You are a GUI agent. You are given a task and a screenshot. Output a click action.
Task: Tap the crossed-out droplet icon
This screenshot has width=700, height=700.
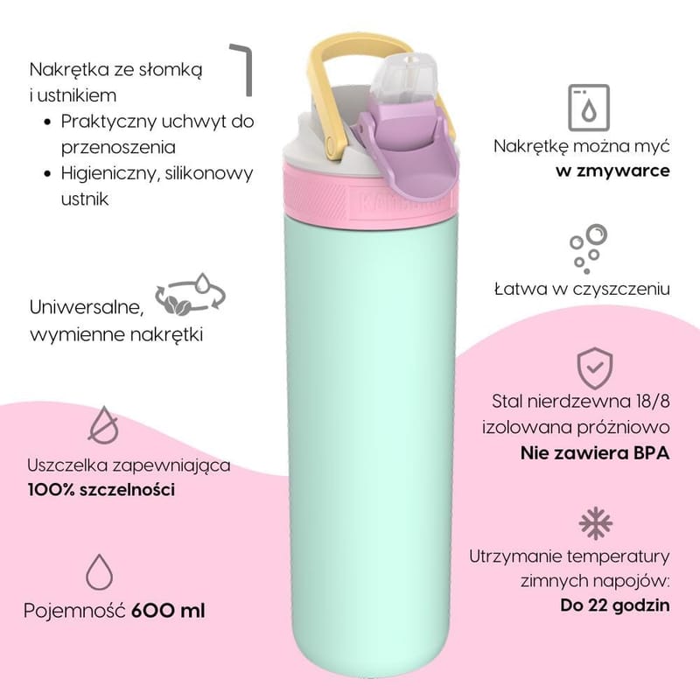(x=104, y=424)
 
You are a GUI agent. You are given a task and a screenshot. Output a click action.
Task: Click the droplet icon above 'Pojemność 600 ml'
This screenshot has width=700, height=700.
(x=101, y=570)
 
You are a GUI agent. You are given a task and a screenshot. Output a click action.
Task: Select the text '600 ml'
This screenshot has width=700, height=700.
(x=168, y=610)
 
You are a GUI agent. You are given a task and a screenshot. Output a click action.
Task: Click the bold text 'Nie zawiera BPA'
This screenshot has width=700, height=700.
(x=595, y=453)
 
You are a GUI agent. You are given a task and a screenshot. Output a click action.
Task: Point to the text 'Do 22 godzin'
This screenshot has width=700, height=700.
(x=615, y=604)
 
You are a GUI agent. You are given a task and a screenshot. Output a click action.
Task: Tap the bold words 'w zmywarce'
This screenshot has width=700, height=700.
(x=613, y=170)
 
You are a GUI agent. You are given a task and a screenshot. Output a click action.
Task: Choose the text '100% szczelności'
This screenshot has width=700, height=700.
(x=101, y=490)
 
